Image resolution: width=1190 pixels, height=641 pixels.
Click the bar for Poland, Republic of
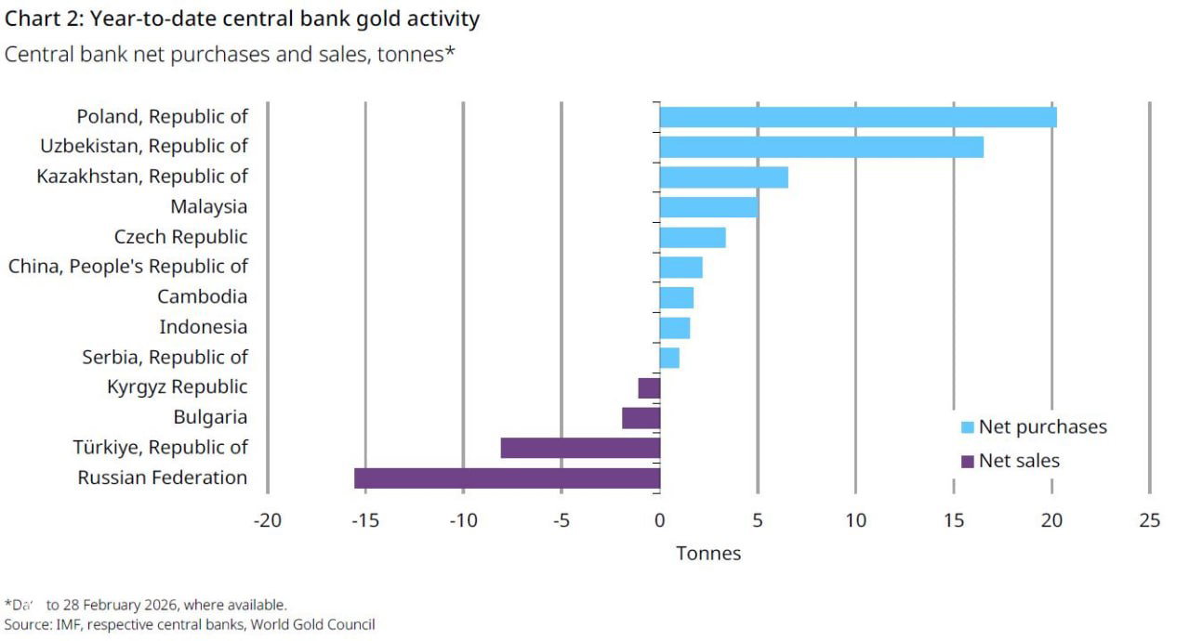click(857, 117)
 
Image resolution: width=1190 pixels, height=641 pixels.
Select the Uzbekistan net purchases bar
click(821, 147)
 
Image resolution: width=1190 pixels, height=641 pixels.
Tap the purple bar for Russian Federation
click(507, 478)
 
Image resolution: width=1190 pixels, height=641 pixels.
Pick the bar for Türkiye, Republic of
click(580, 448)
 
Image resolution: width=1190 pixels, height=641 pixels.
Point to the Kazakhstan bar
click(723, 177)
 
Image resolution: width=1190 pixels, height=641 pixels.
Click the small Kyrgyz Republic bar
click(649, 387)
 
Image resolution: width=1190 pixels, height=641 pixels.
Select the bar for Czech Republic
click(693, 237)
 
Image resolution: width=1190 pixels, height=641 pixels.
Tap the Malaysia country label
click(208, 206)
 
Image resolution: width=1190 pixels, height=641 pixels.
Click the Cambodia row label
click(202, 296)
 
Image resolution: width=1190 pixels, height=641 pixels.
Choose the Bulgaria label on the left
click(210, 417)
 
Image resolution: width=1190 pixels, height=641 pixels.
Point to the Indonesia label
click(203, 327)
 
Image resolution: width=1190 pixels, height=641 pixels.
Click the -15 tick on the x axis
click(364, 520)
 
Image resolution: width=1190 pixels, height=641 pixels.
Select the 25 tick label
click(1149, 520)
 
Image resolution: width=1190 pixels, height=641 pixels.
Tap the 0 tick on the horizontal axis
click(659, 520)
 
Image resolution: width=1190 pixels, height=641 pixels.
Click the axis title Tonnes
click(708, 554)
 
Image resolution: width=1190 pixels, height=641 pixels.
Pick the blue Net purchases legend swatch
click(967, 427)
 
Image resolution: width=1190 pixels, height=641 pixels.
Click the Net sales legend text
click(1019, 461)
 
